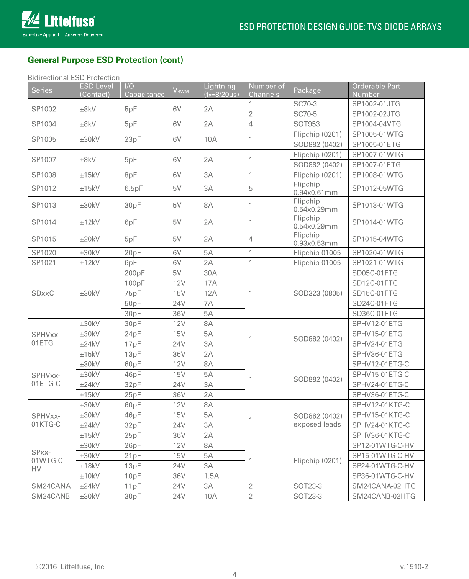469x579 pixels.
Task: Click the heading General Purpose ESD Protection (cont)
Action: tap(105, 60)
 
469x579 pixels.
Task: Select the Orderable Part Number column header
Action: tap(376, 90)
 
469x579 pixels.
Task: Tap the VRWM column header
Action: tap(180, 90)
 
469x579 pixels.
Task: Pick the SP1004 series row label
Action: tap(44, 124)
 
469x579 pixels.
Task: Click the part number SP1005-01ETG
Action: tap(376, 144)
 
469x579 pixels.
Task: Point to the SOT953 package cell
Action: tap(307, 124)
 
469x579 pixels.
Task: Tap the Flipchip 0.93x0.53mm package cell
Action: tap(315, 239)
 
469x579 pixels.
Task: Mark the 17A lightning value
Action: tap(210, 283)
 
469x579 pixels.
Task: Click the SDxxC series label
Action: tap(43, 293)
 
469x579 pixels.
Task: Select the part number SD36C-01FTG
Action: tap(375, 313)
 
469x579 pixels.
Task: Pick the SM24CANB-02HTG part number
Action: tap(384, 496)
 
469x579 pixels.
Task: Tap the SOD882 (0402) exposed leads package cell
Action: tap(318, 420)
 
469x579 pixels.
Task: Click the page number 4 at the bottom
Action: tap(235, 574)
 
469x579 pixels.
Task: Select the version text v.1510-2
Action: tap(414, 567)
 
